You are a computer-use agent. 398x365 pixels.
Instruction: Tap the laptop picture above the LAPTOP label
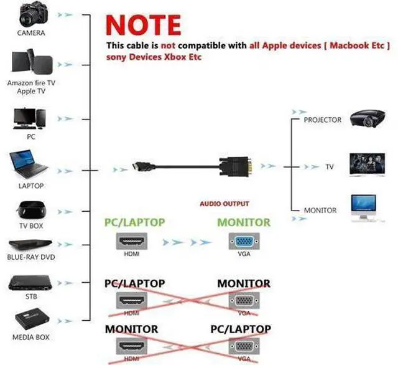pos(29,164)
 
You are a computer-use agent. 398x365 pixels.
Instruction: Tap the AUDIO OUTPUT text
pos(224,204)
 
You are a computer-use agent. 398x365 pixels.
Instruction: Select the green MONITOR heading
pos(244,222)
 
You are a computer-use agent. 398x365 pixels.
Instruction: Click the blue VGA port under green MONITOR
pos(244,241)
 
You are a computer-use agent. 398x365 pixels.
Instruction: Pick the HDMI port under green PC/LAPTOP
pos(132,241)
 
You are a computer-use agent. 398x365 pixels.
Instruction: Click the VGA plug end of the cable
pos(237,166)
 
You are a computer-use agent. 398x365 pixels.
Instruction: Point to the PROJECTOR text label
pos(322,120)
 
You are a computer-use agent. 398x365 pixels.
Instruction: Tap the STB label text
pos(31,296)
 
